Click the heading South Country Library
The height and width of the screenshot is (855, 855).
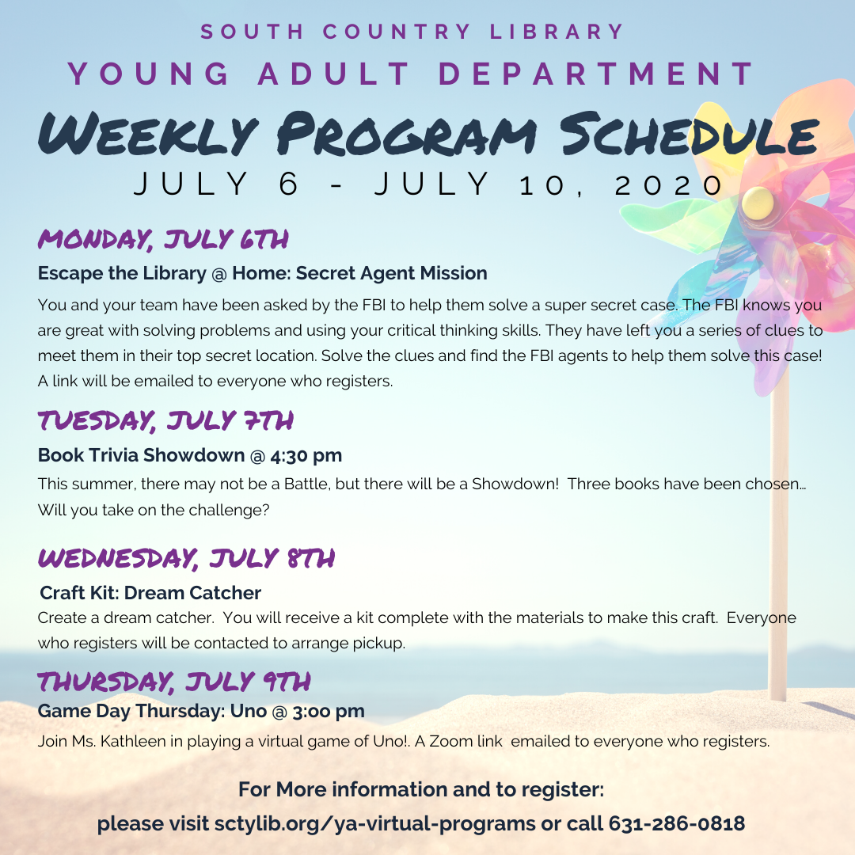pos(412,32)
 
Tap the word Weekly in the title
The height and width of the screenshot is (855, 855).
pos(148,135)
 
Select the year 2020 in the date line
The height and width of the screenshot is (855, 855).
pos(668,185)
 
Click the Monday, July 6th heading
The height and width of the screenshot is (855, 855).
pos(163,239)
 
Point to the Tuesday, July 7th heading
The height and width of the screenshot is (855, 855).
pos(165,420)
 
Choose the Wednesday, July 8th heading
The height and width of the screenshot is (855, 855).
pos(187,558)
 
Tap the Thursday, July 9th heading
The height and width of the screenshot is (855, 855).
pos(174,682)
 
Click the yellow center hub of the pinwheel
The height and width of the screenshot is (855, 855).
pos(758,201)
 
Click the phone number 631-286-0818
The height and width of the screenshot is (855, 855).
pos(677,823)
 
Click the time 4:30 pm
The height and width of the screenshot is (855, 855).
pos(306,455)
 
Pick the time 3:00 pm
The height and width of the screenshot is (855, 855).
pos(329,711)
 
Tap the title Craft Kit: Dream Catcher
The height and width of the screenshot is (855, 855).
pos(150,593)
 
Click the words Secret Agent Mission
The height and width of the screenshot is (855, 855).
pos(392,273)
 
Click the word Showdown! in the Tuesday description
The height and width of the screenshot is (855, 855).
pos(515,484)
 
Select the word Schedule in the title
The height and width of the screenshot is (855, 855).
pos(690,135)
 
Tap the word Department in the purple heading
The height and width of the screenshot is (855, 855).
pos(597,74)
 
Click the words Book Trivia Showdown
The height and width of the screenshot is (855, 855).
pos(141,455)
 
